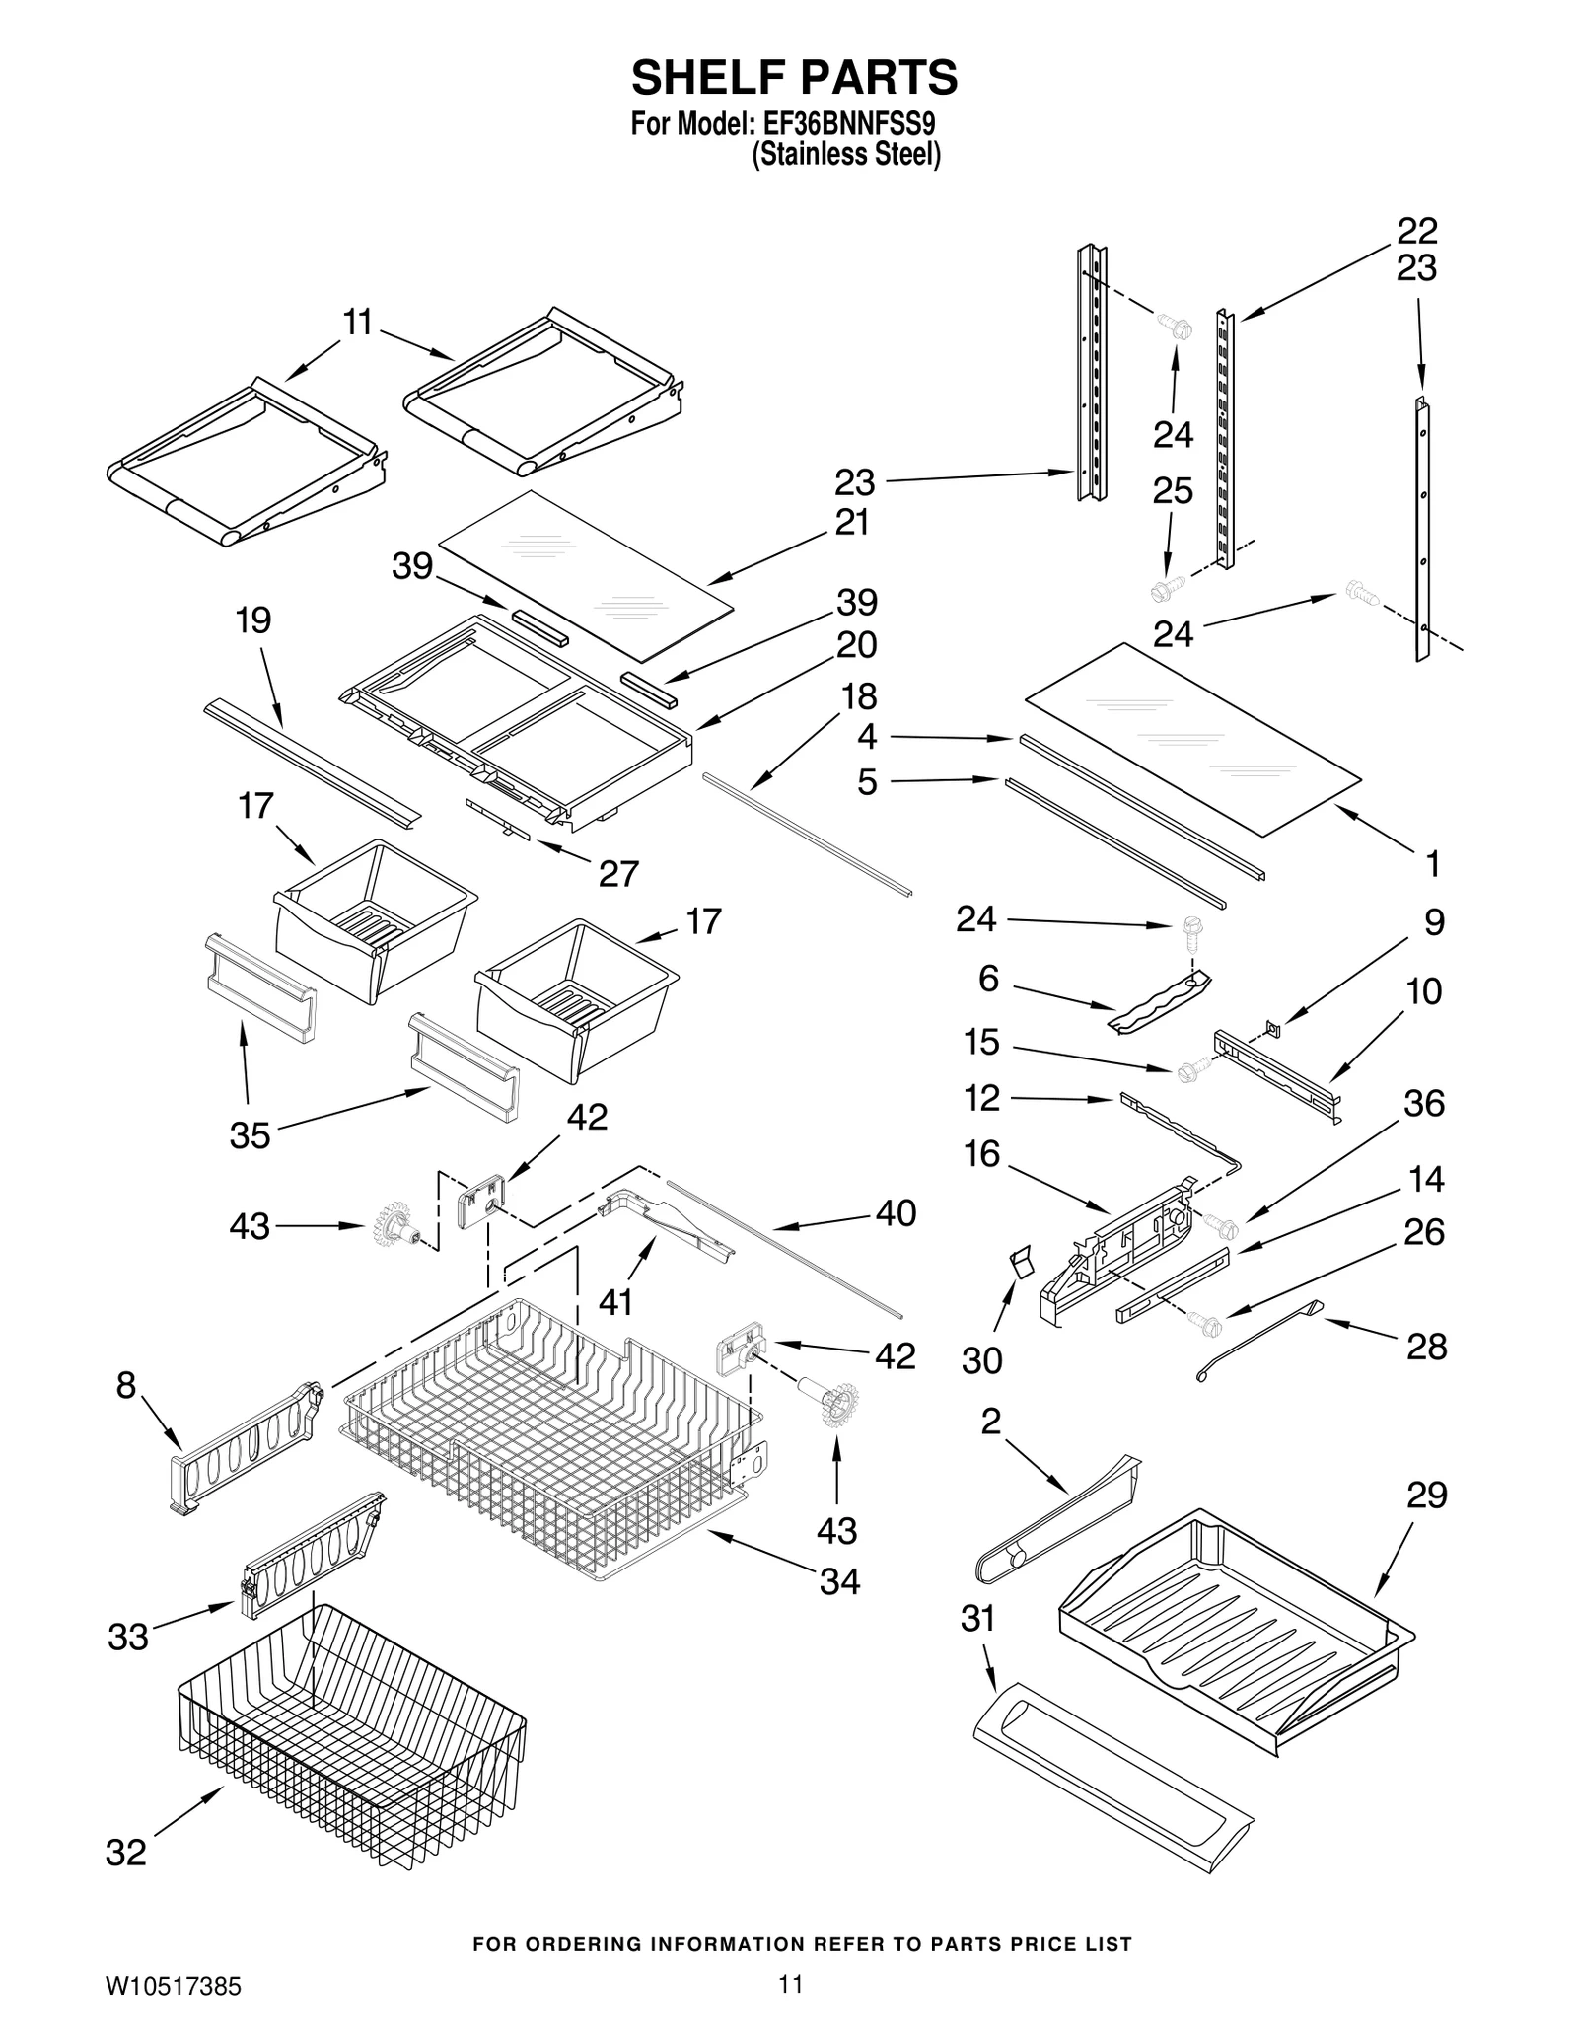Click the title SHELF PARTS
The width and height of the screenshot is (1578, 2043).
pos(794,77)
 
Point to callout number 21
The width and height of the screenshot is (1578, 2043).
pos(851,522)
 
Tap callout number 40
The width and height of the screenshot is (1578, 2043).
pos(895,1212)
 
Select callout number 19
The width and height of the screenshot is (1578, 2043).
pos(252,620)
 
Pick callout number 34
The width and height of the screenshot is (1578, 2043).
pos(839,1581)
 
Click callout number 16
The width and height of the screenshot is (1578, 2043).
pos(981,1153)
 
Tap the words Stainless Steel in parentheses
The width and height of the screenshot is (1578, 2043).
pos(846,155)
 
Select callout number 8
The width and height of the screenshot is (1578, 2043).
pos(125,1385)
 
